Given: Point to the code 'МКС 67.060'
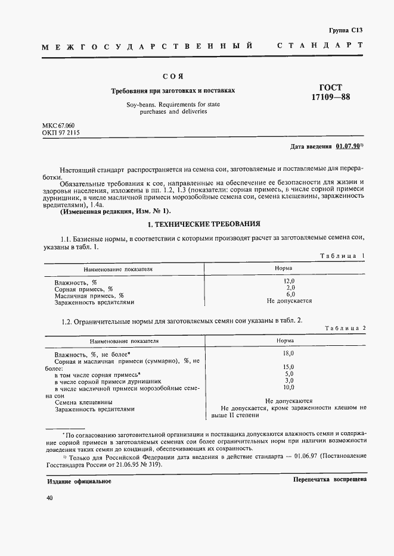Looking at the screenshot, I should pyautogui.click(x=58, y=127).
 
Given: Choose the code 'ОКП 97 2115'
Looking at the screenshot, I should pyautogui.click(x=61, y=135).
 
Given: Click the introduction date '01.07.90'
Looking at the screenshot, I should pyautogui.click(x=348, y=146).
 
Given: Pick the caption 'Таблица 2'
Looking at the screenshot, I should pyautogui.click(x=346, y=329).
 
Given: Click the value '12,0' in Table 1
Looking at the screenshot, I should pyautogui.click(x=290, y=280).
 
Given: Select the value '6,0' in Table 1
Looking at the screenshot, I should pyautogui.click(x=290, y=294).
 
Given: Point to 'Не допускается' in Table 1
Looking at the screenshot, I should pyautogui.click(x=289, y=301).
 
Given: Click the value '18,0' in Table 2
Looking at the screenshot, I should pyautogui.click(x=288, y=354).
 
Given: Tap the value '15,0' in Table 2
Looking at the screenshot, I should pyautogui.click(x=288, y=367).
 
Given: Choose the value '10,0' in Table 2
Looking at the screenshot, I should pyautogui.click(x=288, y=387).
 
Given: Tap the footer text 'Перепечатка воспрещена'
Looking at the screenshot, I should pyautogui.click(x=330, y=479).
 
